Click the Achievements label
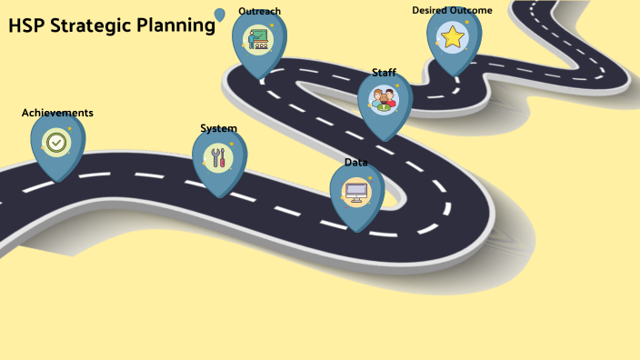57,113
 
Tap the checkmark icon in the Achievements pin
56,143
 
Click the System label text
218,128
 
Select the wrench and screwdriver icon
218,158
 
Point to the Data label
355,162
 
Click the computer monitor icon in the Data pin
355,193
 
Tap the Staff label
384,73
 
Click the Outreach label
259,11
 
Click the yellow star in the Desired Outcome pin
453,37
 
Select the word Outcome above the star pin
472,10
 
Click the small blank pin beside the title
219,15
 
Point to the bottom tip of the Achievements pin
58,181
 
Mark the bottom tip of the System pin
219,196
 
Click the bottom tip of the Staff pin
385,140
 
